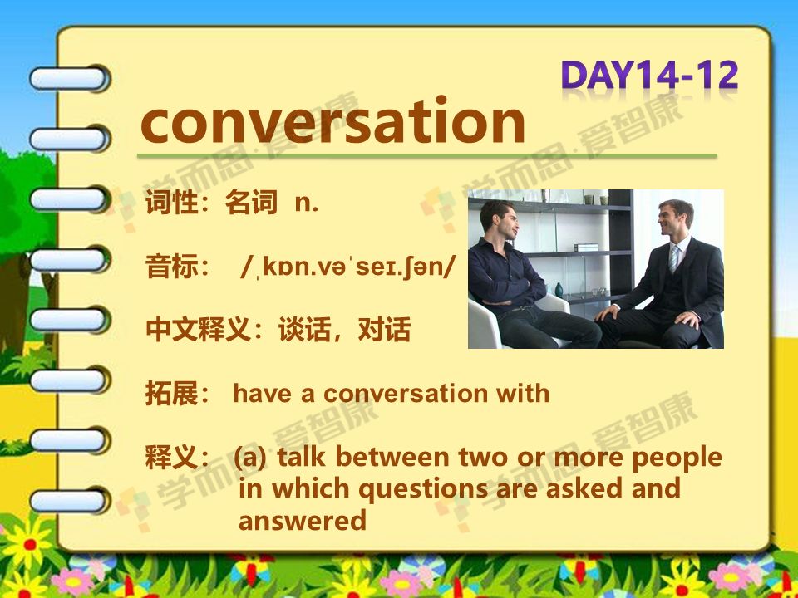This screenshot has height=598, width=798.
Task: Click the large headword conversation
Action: (332, 121)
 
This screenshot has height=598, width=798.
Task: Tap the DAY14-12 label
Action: (649, 76)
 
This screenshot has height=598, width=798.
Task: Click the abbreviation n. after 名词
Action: (307, 203)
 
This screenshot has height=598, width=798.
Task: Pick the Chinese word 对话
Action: (384, 330)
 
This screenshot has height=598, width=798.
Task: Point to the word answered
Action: (303, 521)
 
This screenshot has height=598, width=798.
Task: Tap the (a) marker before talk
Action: (250, 458)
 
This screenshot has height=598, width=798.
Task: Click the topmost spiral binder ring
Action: (69, 79)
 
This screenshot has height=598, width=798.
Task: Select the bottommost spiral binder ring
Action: (69, 500)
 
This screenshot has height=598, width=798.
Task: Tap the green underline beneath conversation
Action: (426, 156)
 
